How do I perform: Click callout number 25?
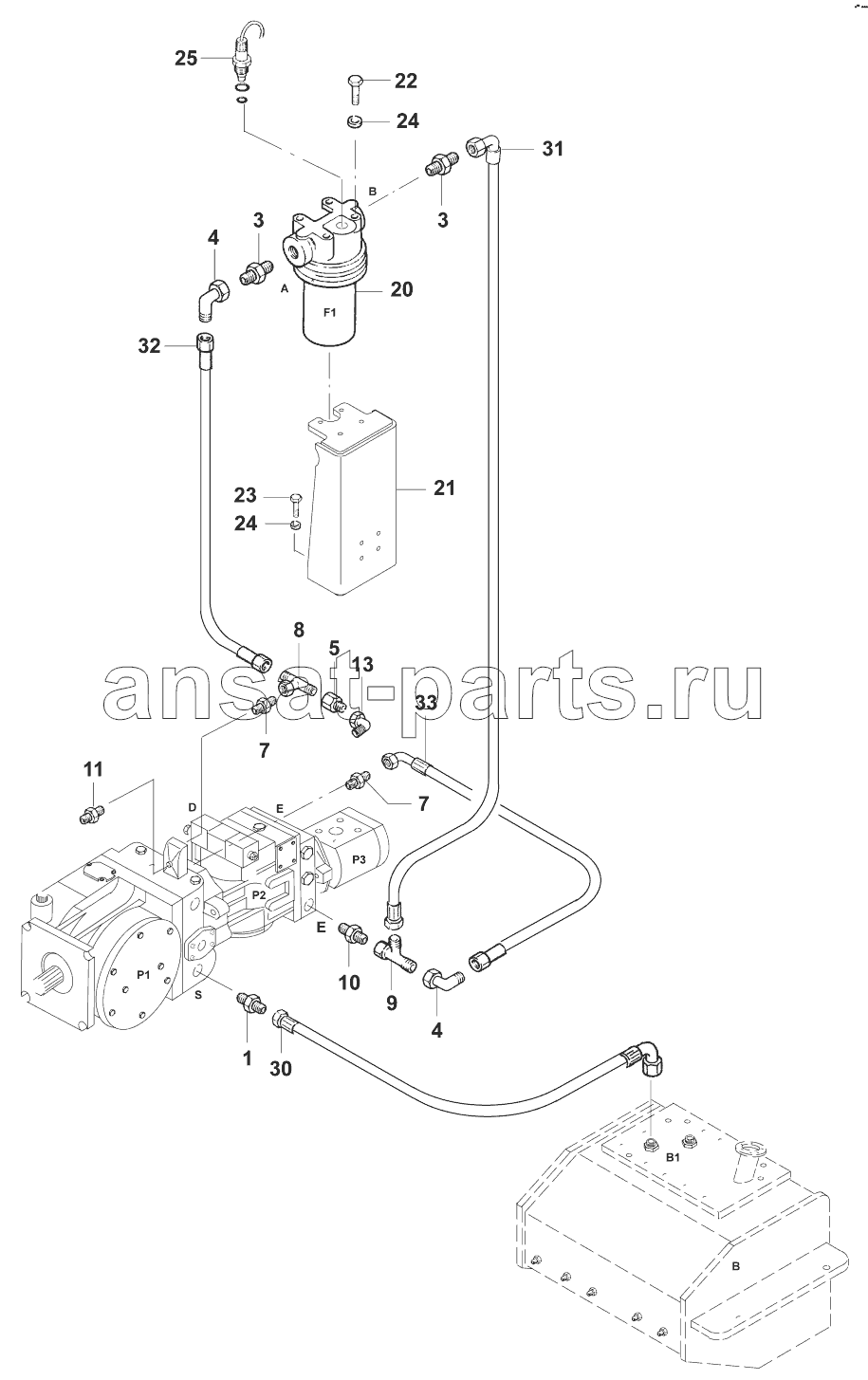point(186,59)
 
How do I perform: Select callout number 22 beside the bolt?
point(405,81)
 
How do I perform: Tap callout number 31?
point(552,149)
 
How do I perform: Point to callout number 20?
point(401,289)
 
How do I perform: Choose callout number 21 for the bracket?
point(444,488)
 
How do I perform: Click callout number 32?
point(149,346)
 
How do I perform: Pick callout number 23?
point(245,495)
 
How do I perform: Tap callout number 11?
point(93,769)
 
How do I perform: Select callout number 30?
point(280,1068)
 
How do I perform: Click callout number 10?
point(349,982)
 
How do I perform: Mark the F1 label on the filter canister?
point(329,313)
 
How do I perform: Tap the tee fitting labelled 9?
point(395,954)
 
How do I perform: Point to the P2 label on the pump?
point(259,894)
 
